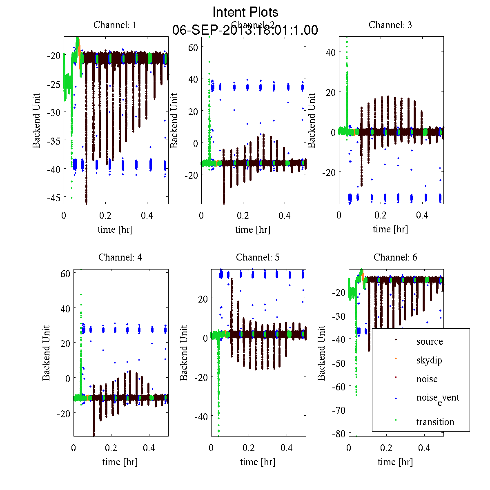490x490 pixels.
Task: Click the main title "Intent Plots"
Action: [x=245, y=12]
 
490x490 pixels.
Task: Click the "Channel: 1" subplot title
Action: [x=115, y=25]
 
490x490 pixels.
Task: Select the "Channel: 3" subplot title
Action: [x=390, y=25]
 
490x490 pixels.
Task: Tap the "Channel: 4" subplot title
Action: [x=120, y=257]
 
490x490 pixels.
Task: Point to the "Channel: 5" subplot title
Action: [x=258, y=257]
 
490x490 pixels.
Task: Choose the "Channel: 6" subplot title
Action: [x=395, y=257]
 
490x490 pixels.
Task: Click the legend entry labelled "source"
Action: [x=429, y=341]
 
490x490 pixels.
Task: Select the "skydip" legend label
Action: [x=429, y=360]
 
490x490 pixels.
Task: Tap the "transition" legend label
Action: [x=435, y=422]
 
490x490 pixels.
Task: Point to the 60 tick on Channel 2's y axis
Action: [x=193, y=47]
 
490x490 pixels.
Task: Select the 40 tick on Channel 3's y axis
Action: [x=331, y=52]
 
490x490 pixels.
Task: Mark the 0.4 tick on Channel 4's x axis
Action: [x=149, y=448]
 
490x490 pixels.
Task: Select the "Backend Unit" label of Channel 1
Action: [x=37, y=120]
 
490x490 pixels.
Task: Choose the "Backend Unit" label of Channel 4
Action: [x=46, y=353]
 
